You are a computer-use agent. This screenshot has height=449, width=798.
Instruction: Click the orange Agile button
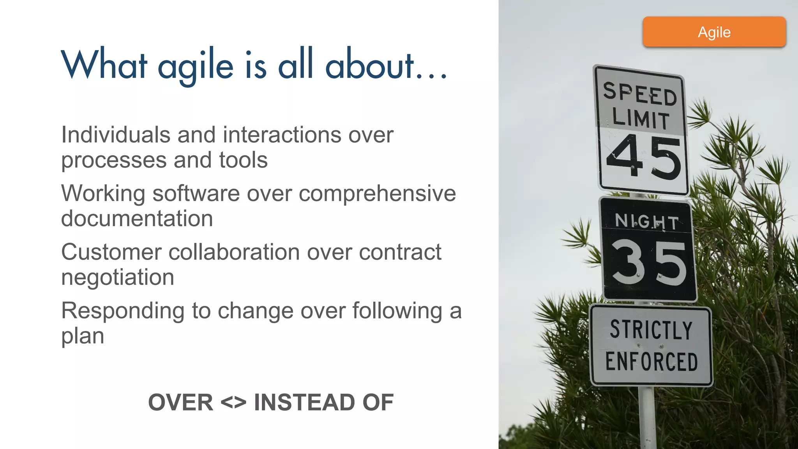pos(714,32)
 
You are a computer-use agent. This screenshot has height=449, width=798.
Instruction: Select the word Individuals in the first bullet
pos(116,135)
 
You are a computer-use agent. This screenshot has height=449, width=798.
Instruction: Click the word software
pos(196,193)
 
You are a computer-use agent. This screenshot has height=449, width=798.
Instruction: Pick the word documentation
pos(137,219)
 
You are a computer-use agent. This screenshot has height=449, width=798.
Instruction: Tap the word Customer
pos(111,252)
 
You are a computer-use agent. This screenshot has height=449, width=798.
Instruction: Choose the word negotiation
pos(117,278)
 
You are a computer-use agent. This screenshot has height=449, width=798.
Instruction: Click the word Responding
pos(123,311)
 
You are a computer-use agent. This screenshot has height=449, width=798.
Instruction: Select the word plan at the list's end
pos(83,336)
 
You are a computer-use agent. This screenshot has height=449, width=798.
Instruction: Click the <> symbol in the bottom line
pos(233,402)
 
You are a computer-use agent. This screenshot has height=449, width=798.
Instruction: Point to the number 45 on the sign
pos(644,157)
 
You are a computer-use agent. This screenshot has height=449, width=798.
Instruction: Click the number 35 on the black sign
pos(649,262)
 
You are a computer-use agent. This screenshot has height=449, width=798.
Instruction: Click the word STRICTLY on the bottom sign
pos(651,330)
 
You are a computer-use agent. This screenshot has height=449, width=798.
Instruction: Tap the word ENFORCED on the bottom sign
pos(651,361)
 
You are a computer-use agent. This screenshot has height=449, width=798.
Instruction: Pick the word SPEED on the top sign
pos(640,94)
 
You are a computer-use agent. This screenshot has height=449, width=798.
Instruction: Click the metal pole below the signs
pos(648,417)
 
